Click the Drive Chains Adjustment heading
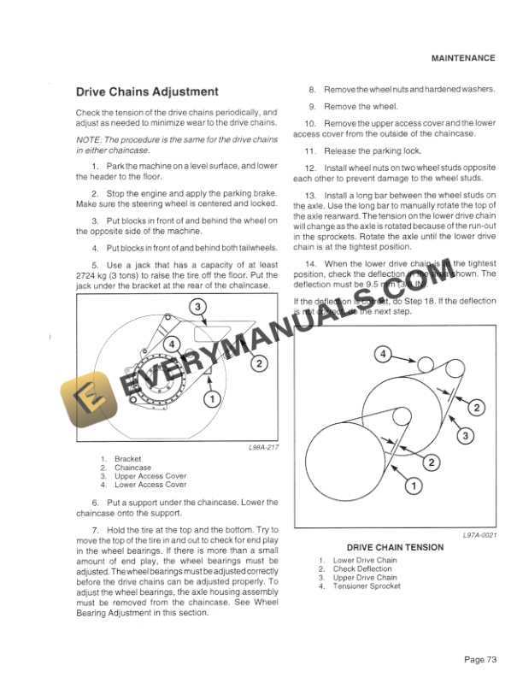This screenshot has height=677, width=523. [x=147, y=91]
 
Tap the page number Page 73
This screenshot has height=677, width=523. [x=480, y=659]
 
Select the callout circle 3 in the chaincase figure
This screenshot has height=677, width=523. [x=196, y=306]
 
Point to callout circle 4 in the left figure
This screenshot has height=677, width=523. [x=173, y=344]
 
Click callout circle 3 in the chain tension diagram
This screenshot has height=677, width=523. [x=467, y=437]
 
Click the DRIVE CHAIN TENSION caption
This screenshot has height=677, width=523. [x=395, y=547]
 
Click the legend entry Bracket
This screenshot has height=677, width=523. [x=128, y=459]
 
